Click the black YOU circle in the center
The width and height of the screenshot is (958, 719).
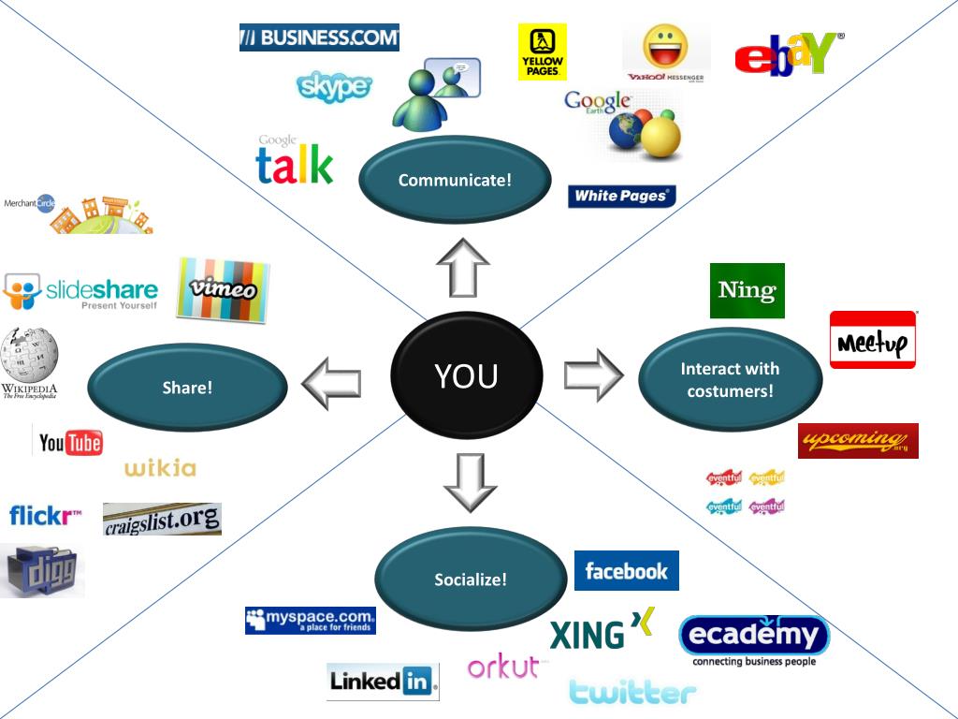click(x=466, y=376)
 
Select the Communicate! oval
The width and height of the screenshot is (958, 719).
click(x=455, y=180)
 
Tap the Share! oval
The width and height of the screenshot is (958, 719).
click(x=187, y=388)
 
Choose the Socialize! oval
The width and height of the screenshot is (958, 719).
click(x=470, y=580)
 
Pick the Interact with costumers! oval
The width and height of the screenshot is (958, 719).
click(x=730, y=379)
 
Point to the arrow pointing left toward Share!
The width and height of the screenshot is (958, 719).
click(x=331, y=383)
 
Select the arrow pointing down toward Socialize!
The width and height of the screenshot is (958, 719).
click(x=470, y=483)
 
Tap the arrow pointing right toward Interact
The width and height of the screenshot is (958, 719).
click(x=593, y=374)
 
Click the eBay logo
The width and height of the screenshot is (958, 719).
click(x=789, y=53)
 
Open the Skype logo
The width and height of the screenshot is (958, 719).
click(x=334, y=87)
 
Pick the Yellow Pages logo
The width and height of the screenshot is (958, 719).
click(x=542, y=52)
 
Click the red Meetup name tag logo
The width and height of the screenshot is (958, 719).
click(x=873, y=341)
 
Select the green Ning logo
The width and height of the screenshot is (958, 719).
click(x=747, y=290)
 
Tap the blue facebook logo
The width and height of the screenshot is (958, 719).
click(x=626, y=571)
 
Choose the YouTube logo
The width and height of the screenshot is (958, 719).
click(x=70, y=442)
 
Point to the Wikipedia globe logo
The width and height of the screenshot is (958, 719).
click(x=29, y=355)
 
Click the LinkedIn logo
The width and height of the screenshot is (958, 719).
click(x=383, y=682)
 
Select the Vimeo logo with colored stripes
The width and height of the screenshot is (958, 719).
click(x=224, y=289)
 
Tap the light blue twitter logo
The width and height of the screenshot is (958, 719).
click(x=633, y=692)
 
